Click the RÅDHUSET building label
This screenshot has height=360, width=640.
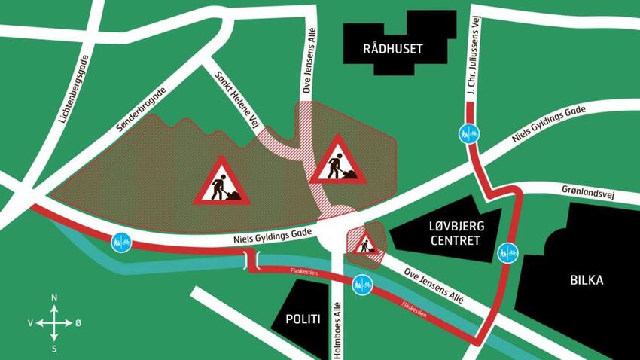pyautogui.click(x=392, y=50)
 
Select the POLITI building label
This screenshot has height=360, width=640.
pyautogui.click(x=303, y=319)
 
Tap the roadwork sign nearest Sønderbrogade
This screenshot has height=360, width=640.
pyautogui.click(x=221, y=182)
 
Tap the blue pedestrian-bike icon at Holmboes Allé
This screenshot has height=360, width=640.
pyautogui.click(x=361, y=285)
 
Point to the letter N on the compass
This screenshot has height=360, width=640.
pyautogui.click(x=54, y=299)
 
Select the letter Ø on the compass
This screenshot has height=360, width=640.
pyautogui.click(x=78, y=323)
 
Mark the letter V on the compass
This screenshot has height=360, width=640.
pyautogui.click(x=30, y=323)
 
